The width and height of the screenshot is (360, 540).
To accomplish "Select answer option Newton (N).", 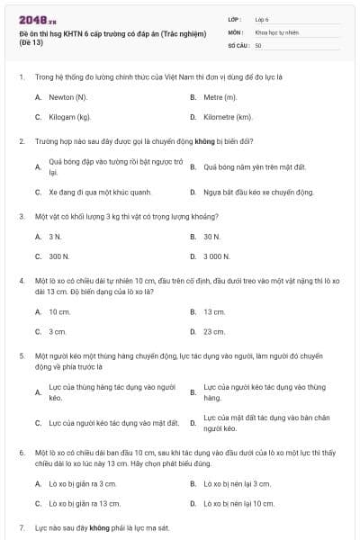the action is [x=67, y=96].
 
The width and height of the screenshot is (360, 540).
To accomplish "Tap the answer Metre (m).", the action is [x=220, y=96].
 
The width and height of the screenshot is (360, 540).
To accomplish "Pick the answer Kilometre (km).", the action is [x=227, y=117].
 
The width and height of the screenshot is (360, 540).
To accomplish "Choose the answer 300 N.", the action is [x=59, y=256].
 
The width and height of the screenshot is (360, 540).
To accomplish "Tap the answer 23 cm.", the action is [x=214, y=331].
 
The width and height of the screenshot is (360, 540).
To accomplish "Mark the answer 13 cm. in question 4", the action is [x=214, y=311].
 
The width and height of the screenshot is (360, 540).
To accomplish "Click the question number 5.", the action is [x=22, y=355].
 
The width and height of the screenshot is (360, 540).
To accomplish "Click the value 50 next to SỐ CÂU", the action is [x=258, y=45].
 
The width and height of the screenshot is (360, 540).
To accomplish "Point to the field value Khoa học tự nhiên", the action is [x=275, y=31].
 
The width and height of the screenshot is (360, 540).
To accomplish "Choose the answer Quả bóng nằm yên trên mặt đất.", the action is [x=255, y=167].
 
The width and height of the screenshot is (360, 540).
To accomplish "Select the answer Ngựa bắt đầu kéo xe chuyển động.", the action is [x=258, y=192].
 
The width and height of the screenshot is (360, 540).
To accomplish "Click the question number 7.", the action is [x=22, y=526].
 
